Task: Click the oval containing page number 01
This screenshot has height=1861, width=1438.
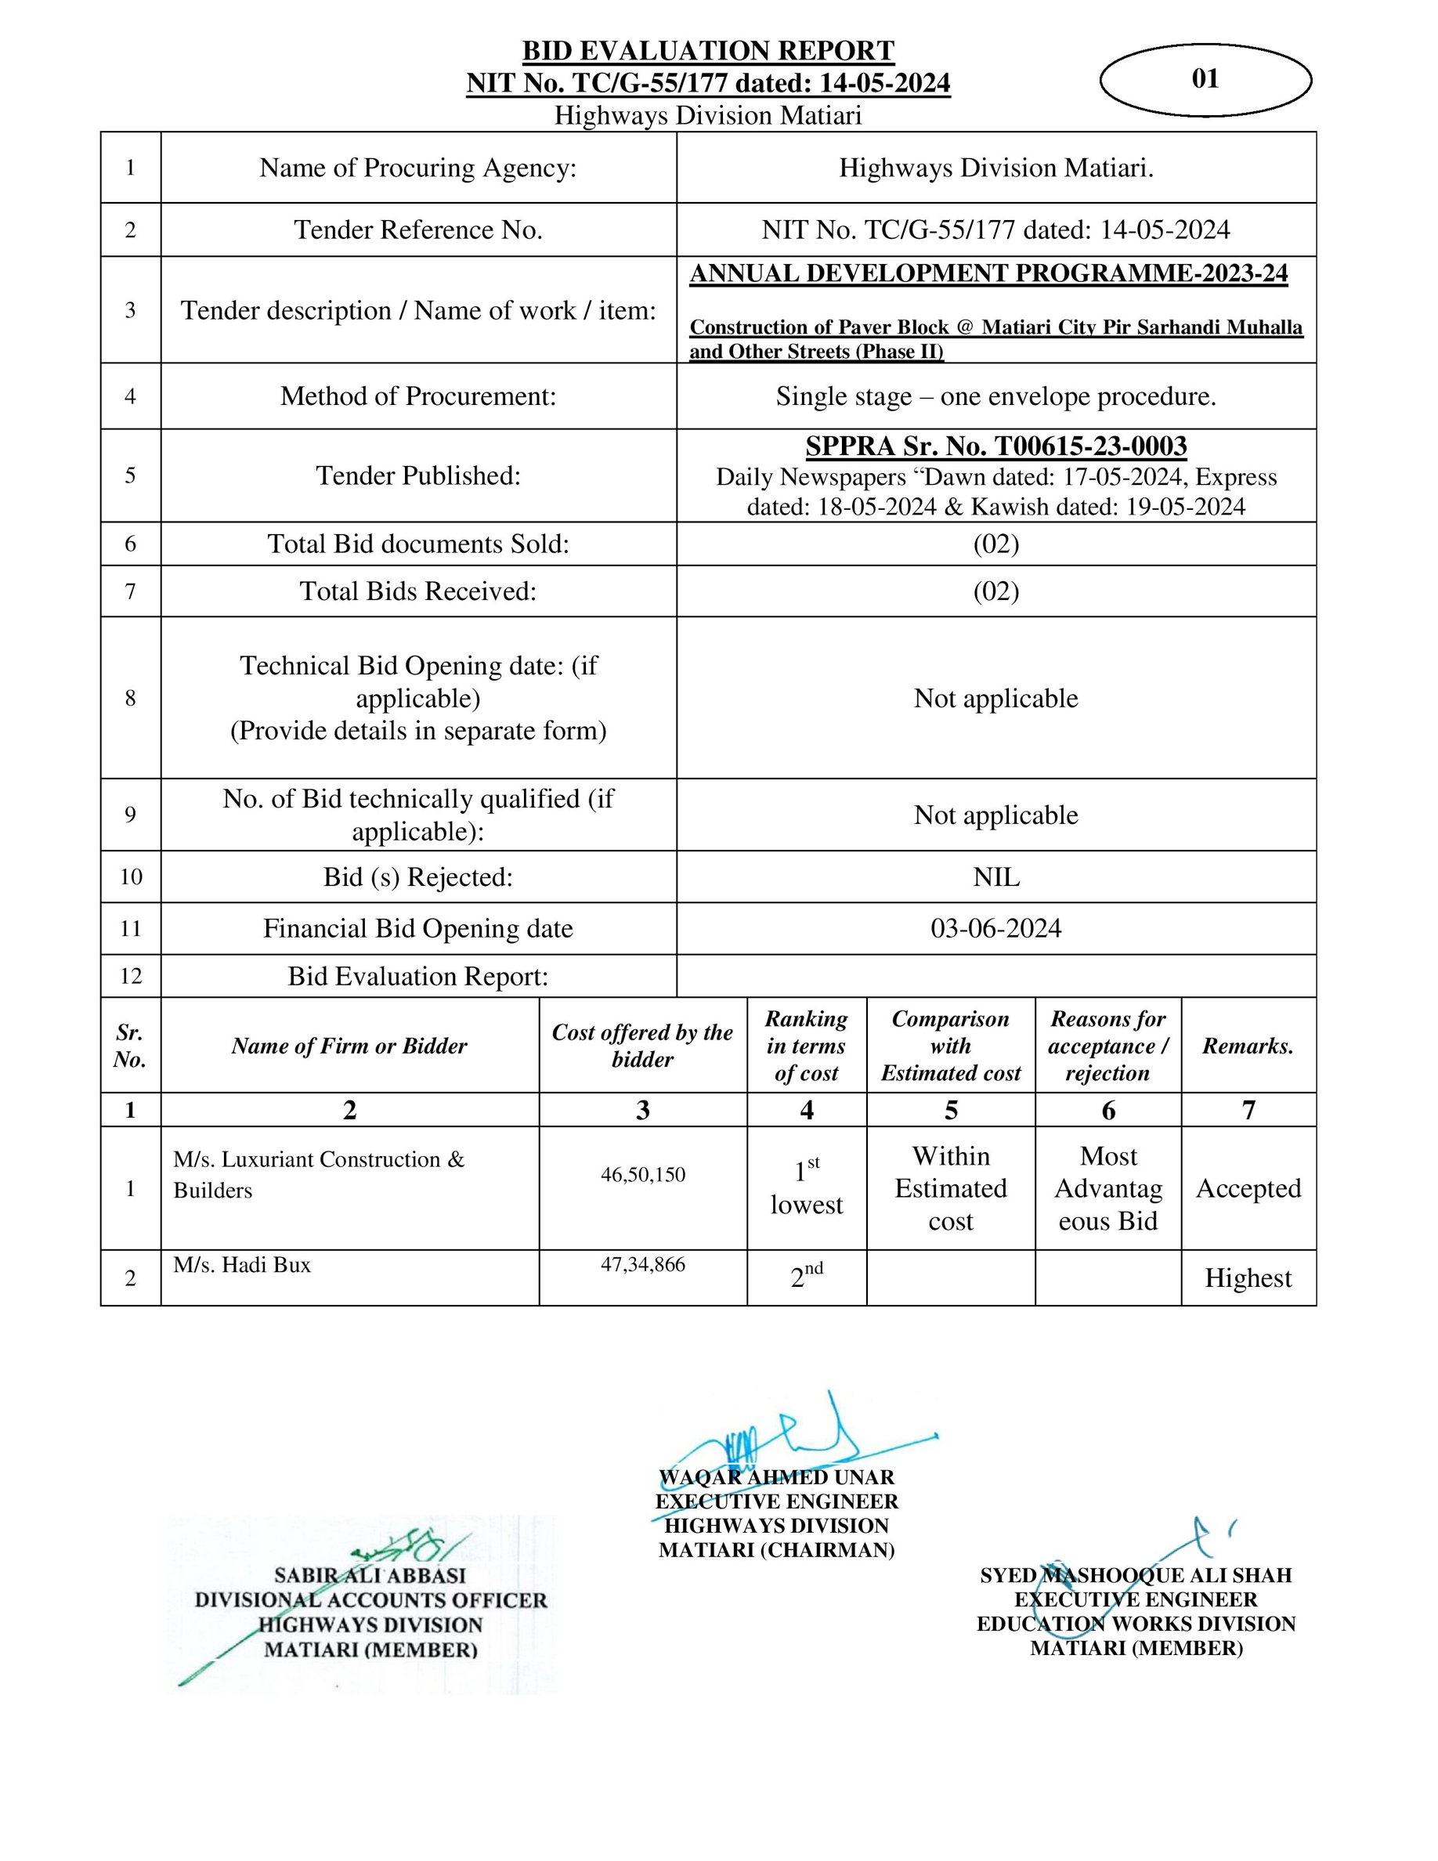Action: pyautogui.click(x=1205, y=79)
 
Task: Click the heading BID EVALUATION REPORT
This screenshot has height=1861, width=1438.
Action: pyautogui.click(x=708, y=51)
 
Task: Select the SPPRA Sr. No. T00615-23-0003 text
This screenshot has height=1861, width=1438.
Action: pyautogui.click(x=995, y=446)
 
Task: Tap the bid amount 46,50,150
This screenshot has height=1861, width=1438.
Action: pyautogui.click(x=642, y=1174)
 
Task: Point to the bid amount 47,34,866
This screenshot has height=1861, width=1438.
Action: pyautogui.click(x=642, y=1264)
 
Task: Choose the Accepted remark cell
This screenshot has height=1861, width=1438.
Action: pyautogui.click(x=1248, y=1189)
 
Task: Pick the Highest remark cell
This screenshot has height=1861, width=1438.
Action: pyautogui.click(x=1248, y=1278)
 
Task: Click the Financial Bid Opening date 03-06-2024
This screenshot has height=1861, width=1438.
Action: pyautogui.click(x=995, y=928)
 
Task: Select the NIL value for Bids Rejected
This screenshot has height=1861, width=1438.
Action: pyautogui.click(x=995, y=876)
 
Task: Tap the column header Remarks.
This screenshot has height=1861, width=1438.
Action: pyautogui.click(x=1248, y=1046)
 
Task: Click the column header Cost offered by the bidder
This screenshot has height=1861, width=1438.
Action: pyautogui.click(x=642, y=1046)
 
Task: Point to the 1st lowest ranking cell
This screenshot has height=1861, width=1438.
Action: pyautogui.click(x=806, y=1189)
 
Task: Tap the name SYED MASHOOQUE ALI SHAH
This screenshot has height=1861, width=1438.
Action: pyautogui.click(x=1136, y=1576)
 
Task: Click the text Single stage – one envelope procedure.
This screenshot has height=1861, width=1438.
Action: pyautogui.click(x=995, y=396)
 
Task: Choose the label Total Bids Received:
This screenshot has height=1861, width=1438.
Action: pyautogui.click(x=417, y=591)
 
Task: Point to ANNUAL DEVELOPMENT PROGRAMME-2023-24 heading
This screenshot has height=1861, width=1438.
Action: pyautogui.click(x=988, y=273)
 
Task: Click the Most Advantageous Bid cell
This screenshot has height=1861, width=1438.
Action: pyautogui.click(x=1107, y=1189)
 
